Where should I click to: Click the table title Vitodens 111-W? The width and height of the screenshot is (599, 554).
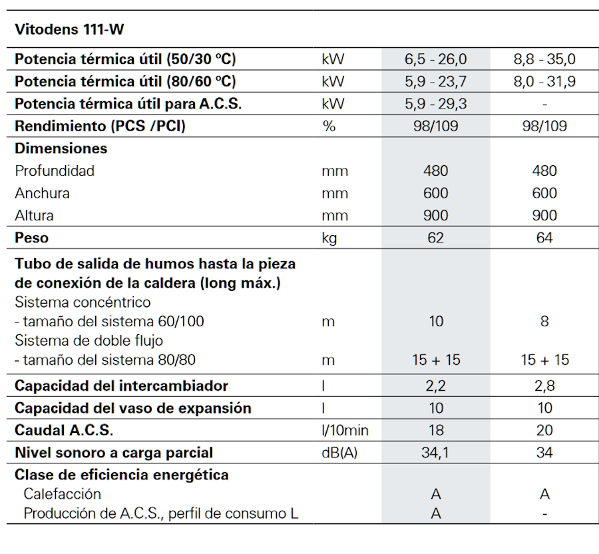pos(69,29)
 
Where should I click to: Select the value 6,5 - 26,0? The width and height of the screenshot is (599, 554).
pos(435,59)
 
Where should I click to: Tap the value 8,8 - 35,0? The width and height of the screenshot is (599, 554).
pos(544,59)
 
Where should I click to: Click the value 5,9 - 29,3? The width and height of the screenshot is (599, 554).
pos(435,104)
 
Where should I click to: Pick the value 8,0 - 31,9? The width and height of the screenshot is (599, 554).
pos(544,82)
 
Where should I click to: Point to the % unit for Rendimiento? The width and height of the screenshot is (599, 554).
pos(329,126)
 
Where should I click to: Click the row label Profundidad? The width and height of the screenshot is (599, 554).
pos(55,170)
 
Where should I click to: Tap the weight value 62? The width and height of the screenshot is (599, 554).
pos(435,238)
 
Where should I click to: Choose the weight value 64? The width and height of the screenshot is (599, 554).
pos(544,238)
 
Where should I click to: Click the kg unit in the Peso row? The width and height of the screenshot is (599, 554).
pos(329,238)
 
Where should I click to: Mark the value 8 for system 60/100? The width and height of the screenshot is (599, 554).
pos(544,322)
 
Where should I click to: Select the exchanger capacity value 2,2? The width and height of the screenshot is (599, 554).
pos(435,386)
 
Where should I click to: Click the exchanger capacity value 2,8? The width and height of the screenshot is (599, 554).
pos(544,386)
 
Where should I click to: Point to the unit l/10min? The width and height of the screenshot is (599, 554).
pos(345,430)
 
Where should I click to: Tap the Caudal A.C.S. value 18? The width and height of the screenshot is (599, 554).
pos(435,430)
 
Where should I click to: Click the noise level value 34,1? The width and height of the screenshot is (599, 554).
pos(435,453)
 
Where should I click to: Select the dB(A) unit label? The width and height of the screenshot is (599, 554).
pos(339,453)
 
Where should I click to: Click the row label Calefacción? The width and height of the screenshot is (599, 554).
pos(63,494)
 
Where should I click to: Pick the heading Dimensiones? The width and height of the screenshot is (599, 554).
pos(61,148)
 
